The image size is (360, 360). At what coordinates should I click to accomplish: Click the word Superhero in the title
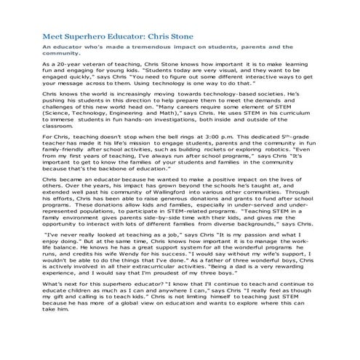[x=87, y=34]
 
